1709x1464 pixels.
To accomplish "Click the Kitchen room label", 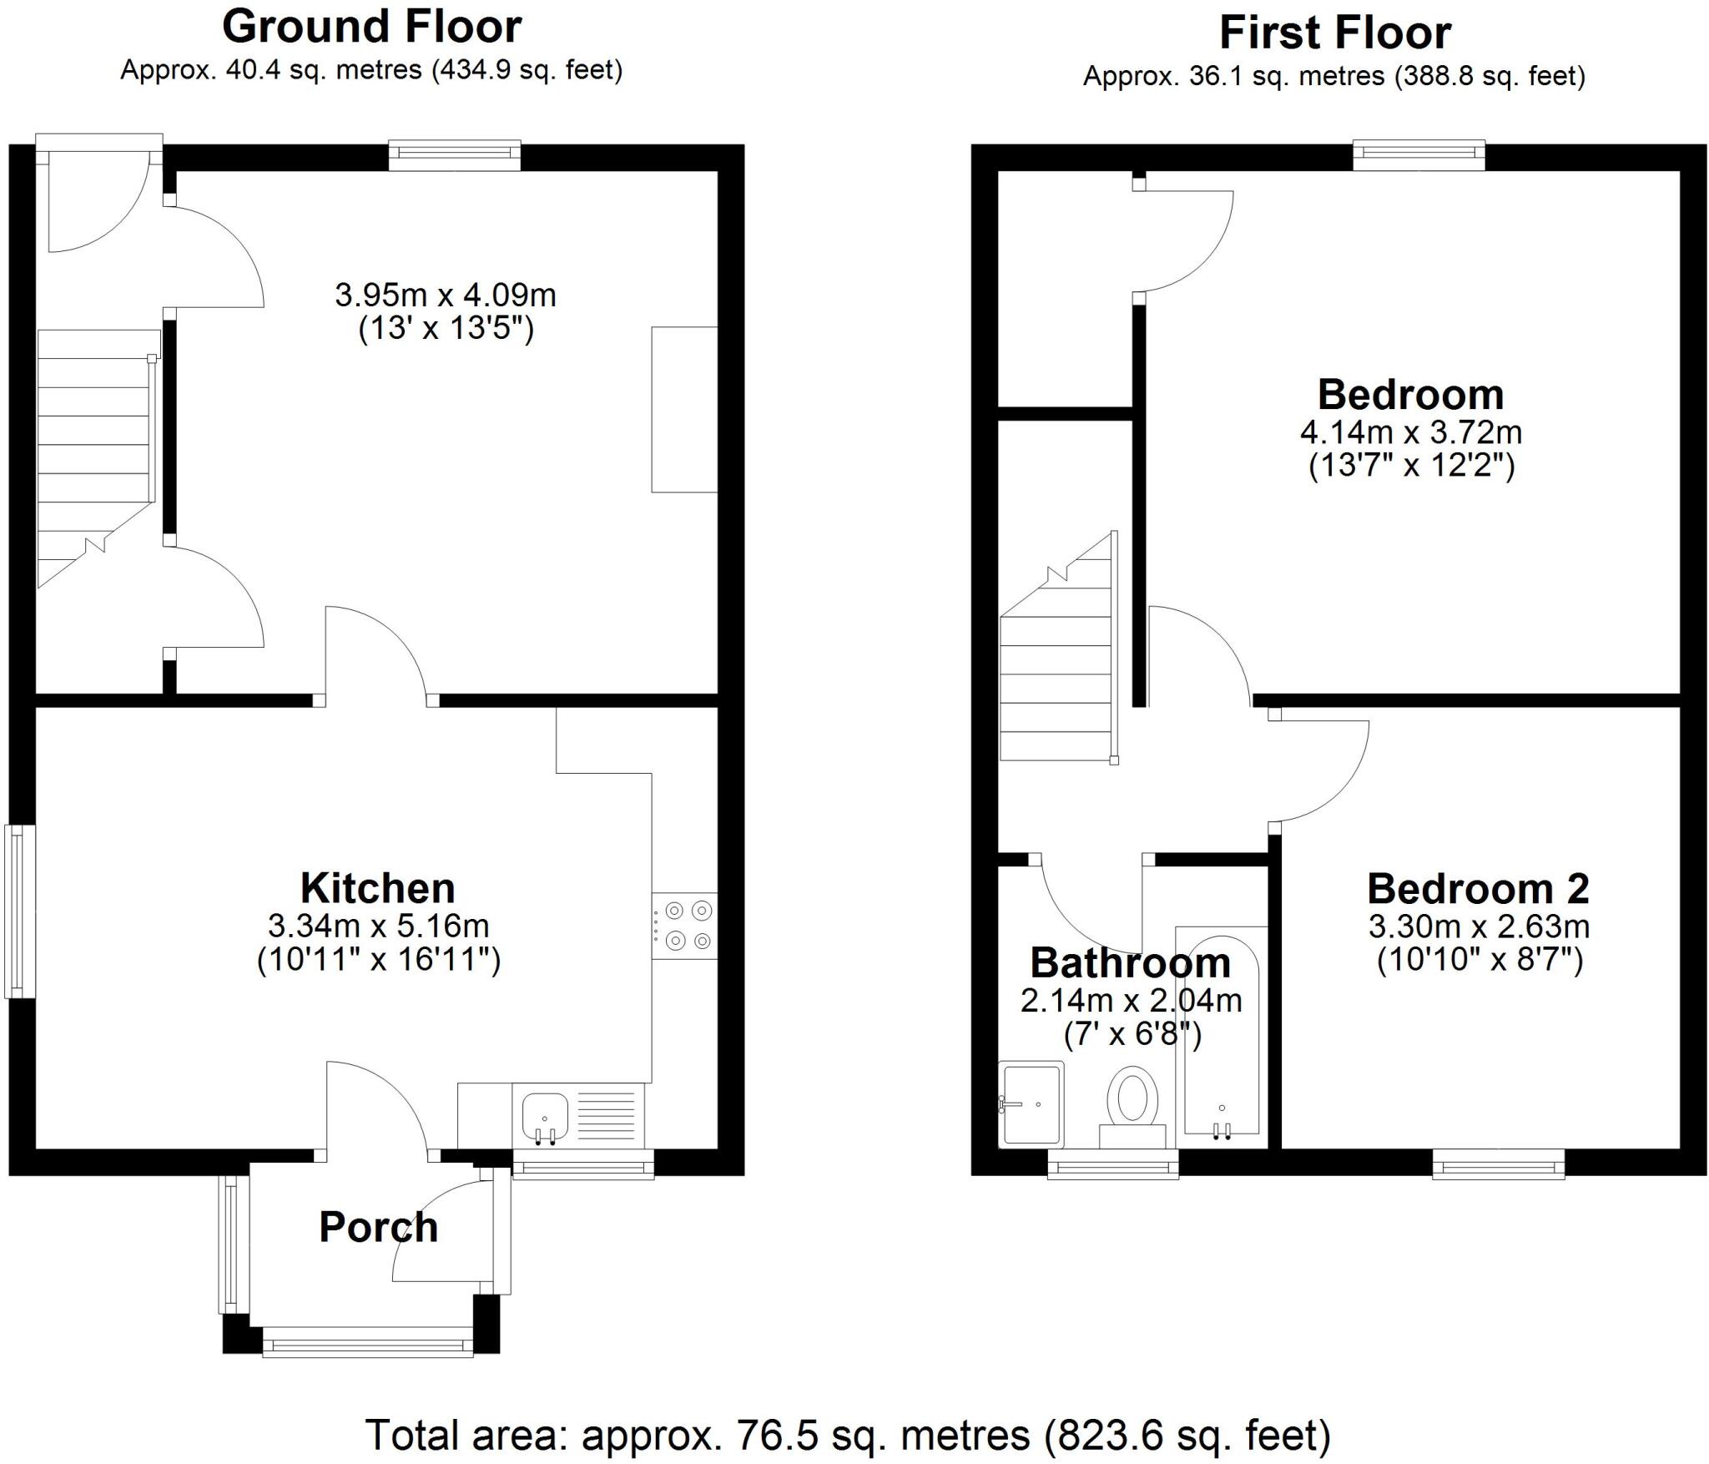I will [377, 888].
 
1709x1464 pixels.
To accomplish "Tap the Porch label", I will [378, 1228].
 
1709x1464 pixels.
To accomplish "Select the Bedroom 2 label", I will [1478, 889].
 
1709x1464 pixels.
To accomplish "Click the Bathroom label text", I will [1130, 962].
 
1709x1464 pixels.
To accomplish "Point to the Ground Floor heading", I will [371, 27].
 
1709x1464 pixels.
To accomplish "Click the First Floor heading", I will [1334, 33].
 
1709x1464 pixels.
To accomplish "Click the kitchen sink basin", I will [544, 1117].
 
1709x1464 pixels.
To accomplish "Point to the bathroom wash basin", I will [1031, 1103].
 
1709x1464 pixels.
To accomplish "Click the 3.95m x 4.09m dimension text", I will [446, 295].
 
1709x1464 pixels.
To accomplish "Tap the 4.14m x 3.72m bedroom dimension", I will [1410, 432].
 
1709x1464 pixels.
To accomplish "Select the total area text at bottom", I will [847, 1436].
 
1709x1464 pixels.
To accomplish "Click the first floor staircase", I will [1058, 668].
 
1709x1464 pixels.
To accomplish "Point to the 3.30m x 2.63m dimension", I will [1478, 926].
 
